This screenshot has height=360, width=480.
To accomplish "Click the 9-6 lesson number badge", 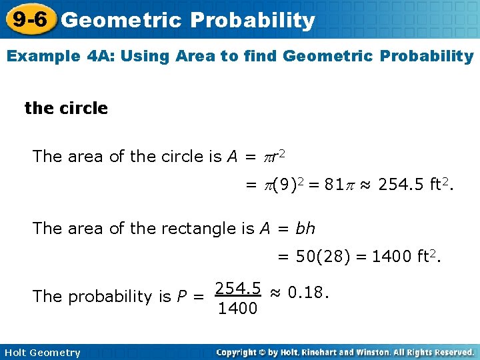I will (29, 19).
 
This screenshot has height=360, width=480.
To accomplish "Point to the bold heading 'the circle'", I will (66, 108).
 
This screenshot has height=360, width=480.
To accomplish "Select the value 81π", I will (339, 184).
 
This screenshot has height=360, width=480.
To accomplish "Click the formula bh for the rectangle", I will (306, 229).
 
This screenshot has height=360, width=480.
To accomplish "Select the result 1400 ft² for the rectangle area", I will (406, 256).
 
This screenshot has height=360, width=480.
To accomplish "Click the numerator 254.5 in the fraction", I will (237, 289).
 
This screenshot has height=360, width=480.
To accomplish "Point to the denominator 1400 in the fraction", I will (237, 308).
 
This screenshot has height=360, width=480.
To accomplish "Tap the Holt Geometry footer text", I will (41, 353).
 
